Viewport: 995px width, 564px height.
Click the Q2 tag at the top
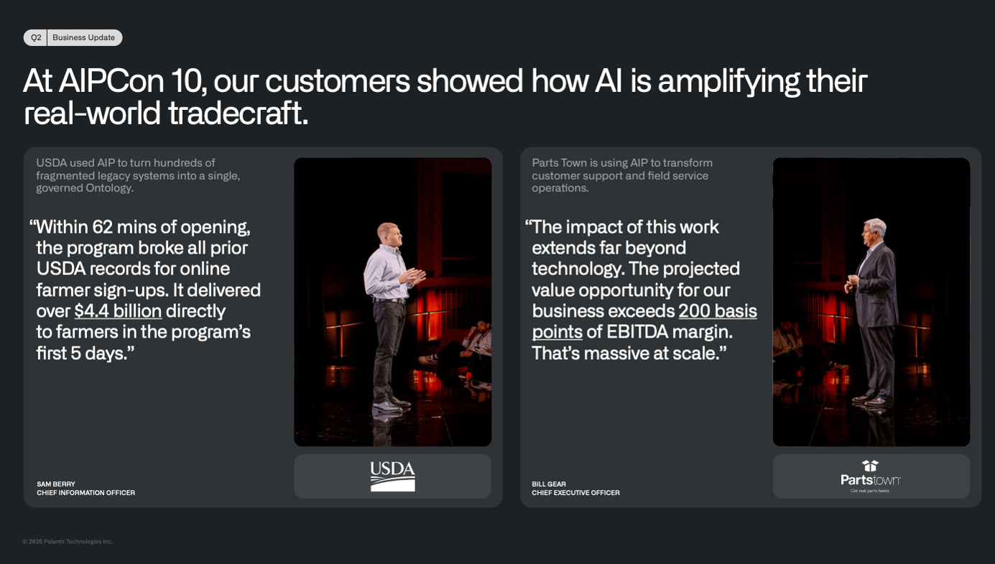tap(35, 38)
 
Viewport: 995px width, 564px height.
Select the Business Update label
tap(84, 38)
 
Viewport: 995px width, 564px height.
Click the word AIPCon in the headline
tap(111, 80)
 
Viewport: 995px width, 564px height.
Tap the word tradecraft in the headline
tap(238, 113)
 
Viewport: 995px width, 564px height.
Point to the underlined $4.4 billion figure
tap(118, 311)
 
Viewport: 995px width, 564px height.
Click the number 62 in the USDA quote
tap(102, 227)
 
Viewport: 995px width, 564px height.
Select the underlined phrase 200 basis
tap(718, 311)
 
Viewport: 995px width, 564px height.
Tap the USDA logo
tap(393, 476)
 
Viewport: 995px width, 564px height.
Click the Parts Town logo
tap(871, 476)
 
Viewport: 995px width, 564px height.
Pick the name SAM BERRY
tap(56, 484)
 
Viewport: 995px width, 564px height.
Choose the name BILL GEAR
tap(549, 484)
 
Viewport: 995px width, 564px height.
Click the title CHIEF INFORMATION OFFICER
tap(85, 492)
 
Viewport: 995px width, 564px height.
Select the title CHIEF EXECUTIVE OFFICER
tap(575, 492)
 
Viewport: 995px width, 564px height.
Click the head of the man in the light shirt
tap(390, 234)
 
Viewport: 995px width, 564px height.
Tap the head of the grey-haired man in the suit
tap(874, 232)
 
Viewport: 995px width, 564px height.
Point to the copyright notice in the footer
tap(68, 541)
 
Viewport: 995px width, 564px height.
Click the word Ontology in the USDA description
tap(109, 188)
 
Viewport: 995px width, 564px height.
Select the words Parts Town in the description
tap(560, 163)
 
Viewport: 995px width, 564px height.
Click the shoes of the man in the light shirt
tap(391, 404)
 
